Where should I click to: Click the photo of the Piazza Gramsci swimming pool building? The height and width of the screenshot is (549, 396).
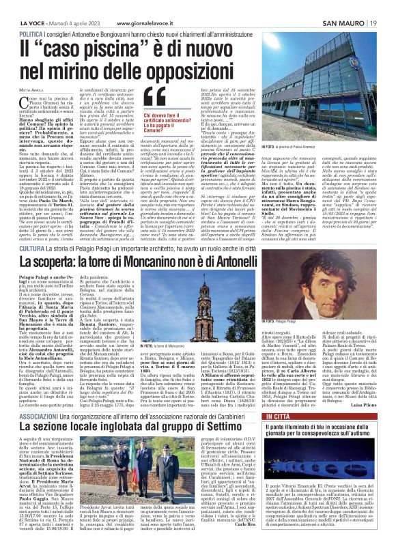point(317,89)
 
